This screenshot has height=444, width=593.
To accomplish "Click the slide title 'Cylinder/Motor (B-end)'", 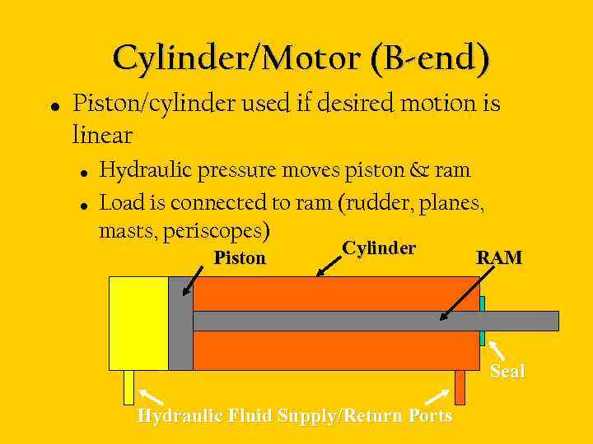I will click(x=301, y=58).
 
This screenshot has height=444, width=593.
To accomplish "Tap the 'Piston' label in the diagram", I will click(x=240, y=258).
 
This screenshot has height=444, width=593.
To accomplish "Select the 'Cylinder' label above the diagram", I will click(x=379, y=248).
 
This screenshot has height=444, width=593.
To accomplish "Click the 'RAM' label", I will click(x=499, y=257).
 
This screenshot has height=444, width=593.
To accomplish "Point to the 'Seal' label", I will click(x=507, y=371).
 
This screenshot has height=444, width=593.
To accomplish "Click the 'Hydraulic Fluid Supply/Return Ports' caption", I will click(x=295, y=415).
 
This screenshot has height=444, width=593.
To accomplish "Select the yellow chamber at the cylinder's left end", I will click(x=138, y=323).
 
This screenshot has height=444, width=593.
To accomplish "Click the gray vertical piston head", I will click(x=180, y=323).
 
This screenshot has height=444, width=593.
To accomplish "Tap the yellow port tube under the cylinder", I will click(x=128, y=387).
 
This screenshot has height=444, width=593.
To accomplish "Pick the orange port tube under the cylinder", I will click(x=460, y=387).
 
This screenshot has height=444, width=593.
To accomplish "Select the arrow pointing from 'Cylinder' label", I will click(x=330, y=264).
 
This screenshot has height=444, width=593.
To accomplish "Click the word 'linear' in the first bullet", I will click(x=102, y=133).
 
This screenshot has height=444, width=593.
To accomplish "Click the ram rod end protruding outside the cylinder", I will click(x=523, y=321).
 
